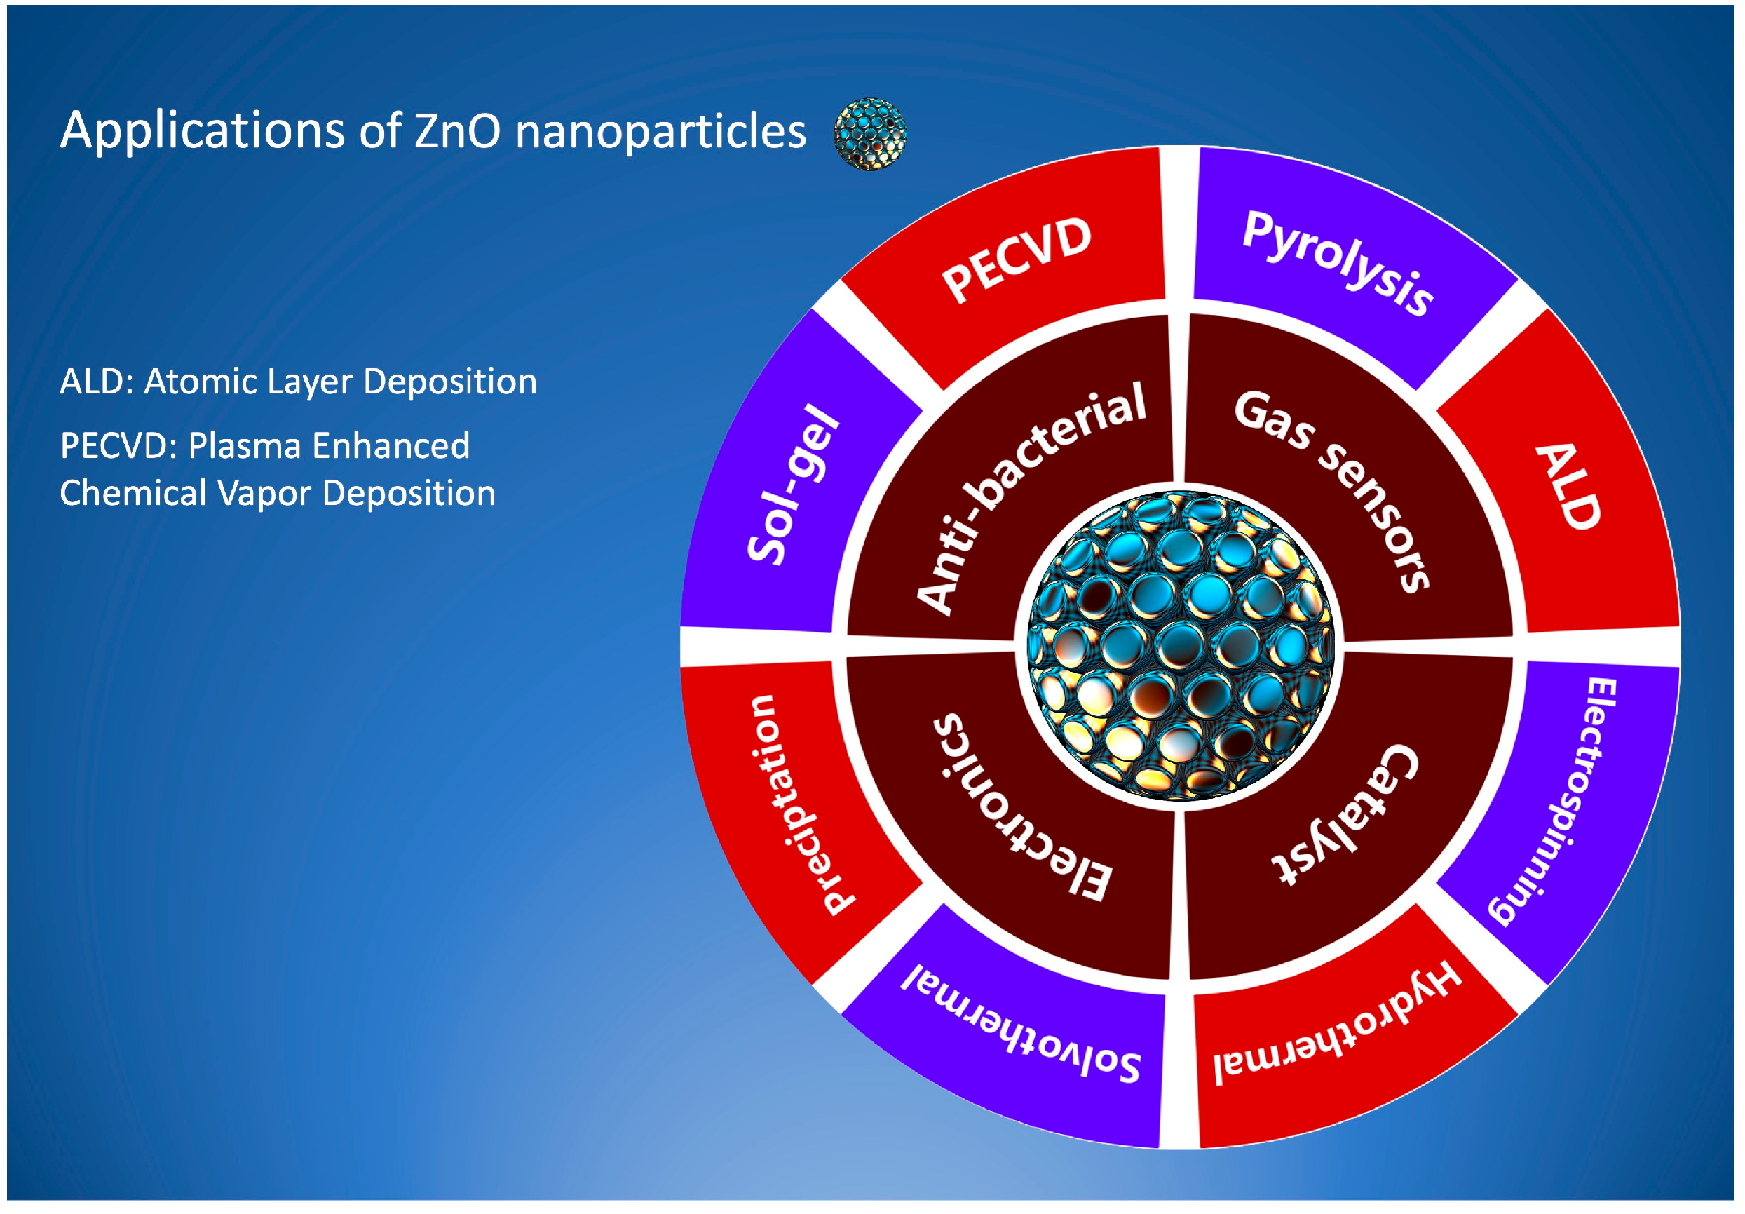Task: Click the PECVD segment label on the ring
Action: click(x=1016, y=259)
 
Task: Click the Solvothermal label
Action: click(x=1021, y=1023)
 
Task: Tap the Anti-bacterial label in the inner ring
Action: click(x=1031, y=498)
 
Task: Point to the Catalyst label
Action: click(x=1345, y=814)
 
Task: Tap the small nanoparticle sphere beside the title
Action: click(x=870, y=134)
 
